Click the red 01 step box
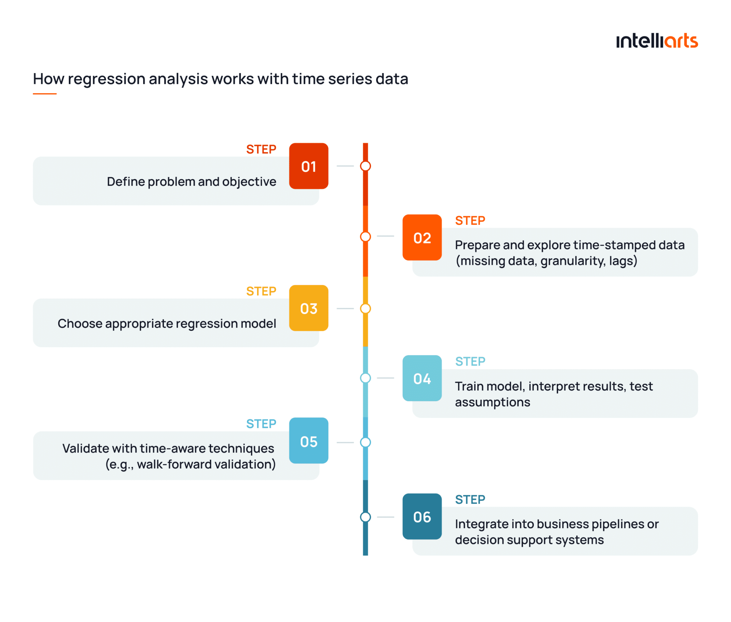(x=308, y=166)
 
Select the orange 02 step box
(x=422, y=237)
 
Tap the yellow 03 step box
(x=308, y=308)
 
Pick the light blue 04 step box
(x=422, y=378)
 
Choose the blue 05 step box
(x=308, y=441)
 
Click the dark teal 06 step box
(x=422, y=516)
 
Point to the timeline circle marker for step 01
(x=365, y=166)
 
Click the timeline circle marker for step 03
(x=365, y=308)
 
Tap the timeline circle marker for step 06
(x=365, y=517)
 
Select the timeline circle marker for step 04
(x=365, y=378)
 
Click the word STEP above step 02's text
(x=470, y=221)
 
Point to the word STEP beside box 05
(x=261, y=424)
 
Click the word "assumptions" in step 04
(x=492, y=402)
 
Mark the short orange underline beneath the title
(x=45, y=94)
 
